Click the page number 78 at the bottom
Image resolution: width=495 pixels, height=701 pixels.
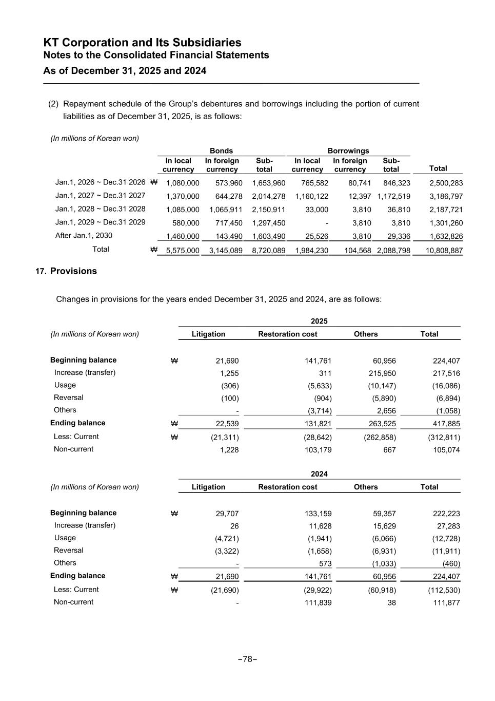tap(247, 659)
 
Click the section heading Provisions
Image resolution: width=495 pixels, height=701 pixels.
tap(73, 271)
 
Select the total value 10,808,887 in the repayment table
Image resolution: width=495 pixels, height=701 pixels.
tap(444, 251)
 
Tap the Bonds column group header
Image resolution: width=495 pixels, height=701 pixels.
tap(221, 151)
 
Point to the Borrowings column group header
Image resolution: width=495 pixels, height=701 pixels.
tap(348, 151)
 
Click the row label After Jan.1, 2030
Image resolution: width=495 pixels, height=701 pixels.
tap(84, 236)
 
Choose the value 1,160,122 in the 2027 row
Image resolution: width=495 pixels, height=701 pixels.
tap(311, 196)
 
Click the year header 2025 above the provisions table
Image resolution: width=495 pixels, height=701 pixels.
tap(319, 321)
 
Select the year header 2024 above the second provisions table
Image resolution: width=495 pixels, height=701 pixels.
tap(319, 474)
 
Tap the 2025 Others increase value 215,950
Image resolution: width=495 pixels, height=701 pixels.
tap(379, 373)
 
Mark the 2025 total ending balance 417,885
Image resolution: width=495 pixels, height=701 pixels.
tap(444, 424)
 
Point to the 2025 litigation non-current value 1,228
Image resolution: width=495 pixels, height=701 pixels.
tap(229, 450)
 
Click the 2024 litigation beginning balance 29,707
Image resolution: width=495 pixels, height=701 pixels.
tap(227, 514)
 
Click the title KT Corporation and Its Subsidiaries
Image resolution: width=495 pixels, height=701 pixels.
tap(143, 43)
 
